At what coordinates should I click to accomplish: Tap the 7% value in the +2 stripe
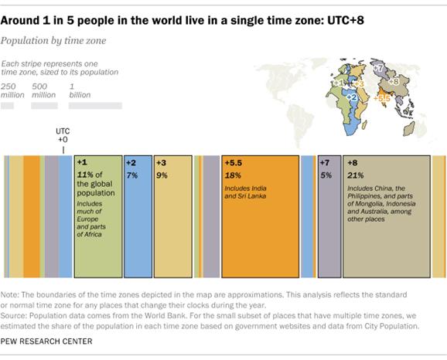point(132,175)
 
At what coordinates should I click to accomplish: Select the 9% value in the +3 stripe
point(163,175)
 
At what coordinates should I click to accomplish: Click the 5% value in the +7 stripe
point(327,175)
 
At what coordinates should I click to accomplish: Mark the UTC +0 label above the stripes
point(63,137)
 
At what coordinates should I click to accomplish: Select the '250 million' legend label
point(12,90)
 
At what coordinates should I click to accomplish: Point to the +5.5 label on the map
point(381,98)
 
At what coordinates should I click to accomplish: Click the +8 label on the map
point(393,80)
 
